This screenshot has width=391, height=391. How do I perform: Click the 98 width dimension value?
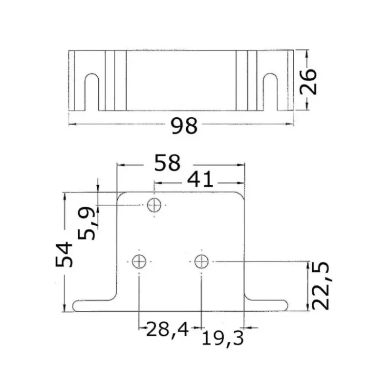184,126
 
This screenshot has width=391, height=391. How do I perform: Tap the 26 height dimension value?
308,82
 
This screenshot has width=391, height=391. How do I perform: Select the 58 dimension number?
167,163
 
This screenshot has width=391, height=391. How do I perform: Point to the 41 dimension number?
200,179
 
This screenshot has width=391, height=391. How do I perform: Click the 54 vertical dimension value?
64,254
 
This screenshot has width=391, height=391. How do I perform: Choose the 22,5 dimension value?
321,286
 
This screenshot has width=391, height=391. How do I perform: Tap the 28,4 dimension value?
167,329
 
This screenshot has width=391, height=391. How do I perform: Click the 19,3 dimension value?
222,338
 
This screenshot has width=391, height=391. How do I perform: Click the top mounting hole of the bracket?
154,205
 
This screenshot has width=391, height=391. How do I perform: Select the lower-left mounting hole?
139,261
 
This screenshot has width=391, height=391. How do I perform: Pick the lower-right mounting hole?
201,261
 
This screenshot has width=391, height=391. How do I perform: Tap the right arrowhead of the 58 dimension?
241,165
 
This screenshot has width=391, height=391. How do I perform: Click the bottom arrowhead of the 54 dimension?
65,308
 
